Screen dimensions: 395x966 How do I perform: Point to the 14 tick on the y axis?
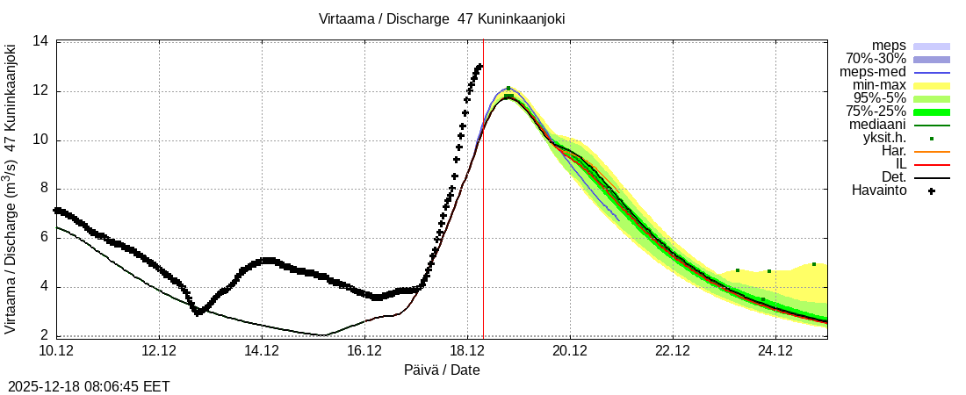click(40, 41)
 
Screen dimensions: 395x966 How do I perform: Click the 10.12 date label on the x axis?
click(56, 351)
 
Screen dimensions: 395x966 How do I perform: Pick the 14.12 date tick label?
click(262, 351)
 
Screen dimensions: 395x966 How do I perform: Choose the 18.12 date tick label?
click(467, 351)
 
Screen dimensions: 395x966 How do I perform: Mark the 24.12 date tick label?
click(775, 351)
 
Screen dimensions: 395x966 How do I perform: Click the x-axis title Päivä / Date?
click(442, 370)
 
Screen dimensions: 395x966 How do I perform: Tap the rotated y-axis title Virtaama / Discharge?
click(11, 187)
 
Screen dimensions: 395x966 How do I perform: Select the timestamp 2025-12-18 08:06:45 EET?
click(89, 386)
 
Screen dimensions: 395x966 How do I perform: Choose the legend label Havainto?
click(879, 190)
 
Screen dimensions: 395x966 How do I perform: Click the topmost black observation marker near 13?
click(479, 66)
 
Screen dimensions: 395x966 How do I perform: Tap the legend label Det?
click(891, 177)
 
